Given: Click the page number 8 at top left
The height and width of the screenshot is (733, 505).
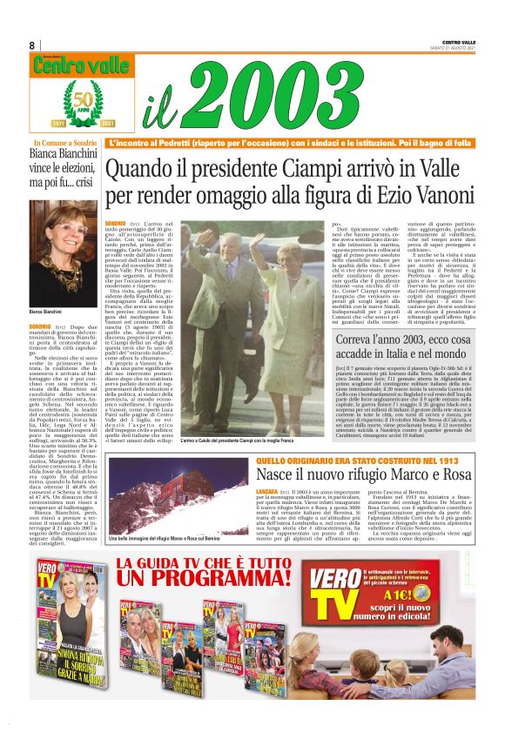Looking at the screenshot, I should point(32,44).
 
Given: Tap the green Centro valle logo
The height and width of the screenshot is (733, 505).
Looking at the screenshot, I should point(68,64).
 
